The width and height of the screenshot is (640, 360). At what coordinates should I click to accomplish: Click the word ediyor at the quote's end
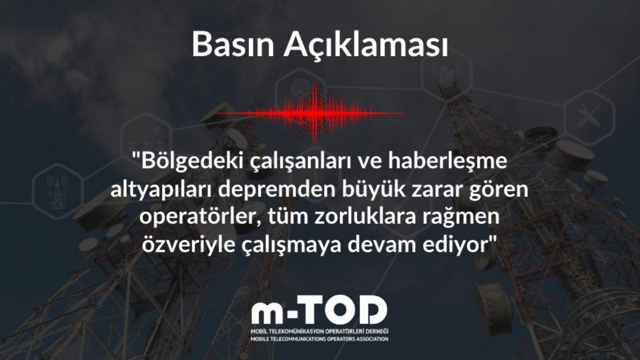(x=466, y=246)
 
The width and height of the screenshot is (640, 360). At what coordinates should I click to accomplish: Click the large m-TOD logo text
(x=319, y=310)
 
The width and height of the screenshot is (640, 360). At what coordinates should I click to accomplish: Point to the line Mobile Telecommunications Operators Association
(x=319, y=338)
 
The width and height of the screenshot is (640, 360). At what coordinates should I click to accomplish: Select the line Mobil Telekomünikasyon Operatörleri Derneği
(x=319, y=331)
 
